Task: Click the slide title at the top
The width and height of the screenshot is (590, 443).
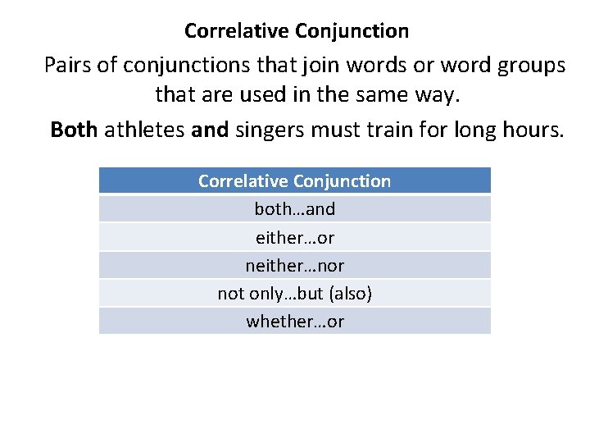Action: [x=296, y=31]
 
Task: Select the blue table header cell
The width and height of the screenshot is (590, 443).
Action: [x=294, y=180]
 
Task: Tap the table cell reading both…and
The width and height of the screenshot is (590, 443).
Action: [x=294, y=209]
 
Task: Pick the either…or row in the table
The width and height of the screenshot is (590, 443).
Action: [x=294, y=237]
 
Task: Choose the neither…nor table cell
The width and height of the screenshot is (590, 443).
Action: [x=294, y=265]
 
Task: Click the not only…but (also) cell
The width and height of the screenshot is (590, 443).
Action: [x=294, y=293]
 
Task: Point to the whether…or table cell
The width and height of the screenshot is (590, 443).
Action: [x=294, y=321]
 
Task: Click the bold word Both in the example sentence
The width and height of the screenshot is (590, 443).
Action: [x=74, y=130]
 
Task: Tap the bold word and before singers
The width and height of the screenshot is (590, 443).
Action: [x=209, y=130]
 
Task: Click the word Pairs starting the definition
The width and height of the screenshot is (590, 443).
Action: [x=68, y=65]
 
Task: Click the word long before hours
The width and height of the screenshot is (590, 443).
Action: [x=475, y=130]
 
